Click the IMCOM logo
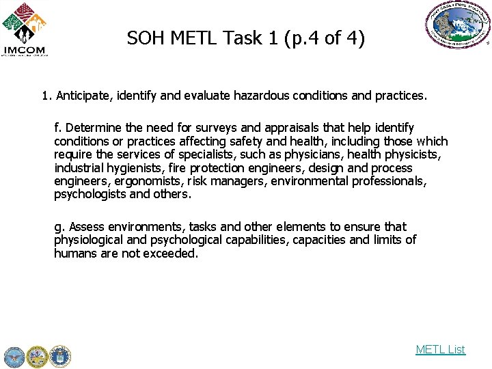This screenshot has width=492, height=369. click(25, 29)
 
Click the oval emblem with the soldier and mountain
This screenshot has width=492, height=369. click(457, 25)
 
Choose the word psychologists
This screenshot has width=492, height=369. click(90, 194)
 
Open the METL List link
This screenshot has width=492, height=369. click(440, 349)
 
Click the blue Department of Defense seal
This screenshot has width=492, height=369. click(14, 356)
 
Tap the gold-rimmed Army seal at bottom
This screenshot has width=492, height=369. click(37, 356)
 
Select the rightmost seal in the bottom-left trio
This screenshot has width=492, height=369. click(60, 356)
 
